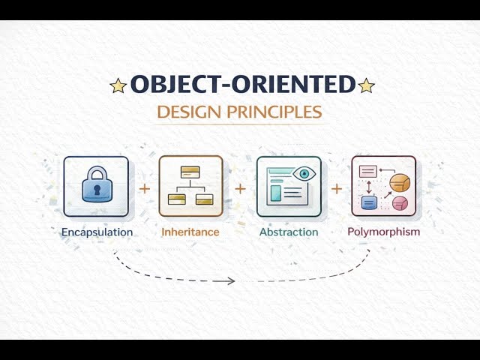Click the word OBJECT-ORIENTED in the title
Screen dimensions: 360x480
pyautogui.click(x=241, y=85)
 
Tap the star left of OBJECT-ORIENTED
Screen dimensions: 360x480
pyautogui.click(x=118, y=85)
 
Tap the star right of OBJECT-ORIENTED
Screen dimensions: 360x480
pyautogui.click(x=366, y=85)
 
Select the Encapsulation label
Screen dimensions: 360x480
pyautogui.click(x=97, y=232)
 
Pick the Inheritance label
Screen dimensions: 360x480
pyautogui.click(x=190, y=232)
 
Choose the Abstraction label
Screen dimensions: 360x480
pyautogui.click(x=289, y=232)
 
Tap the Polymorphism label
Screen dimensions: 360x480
pyautogui.click(x=383, y=231)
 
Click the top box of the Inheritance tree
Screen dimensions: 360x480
pyautogui.click(x=190, y=171)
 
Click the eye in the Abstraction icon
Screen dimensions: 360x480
pyautogui.click(x=304, y=174)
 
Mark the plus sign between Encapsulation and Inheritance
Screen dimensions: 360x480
pyautogui.click(x=144, y=188)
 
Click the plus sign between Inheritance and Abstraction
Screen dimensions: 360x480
pyautogui.click(x=240, y=188)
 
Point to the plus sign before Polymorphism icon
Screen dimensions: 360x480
pyautogui.click(x=337, y=188)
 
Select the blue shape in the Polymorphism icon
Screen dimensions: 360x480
pyautogui.click(x=368, y=202)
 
